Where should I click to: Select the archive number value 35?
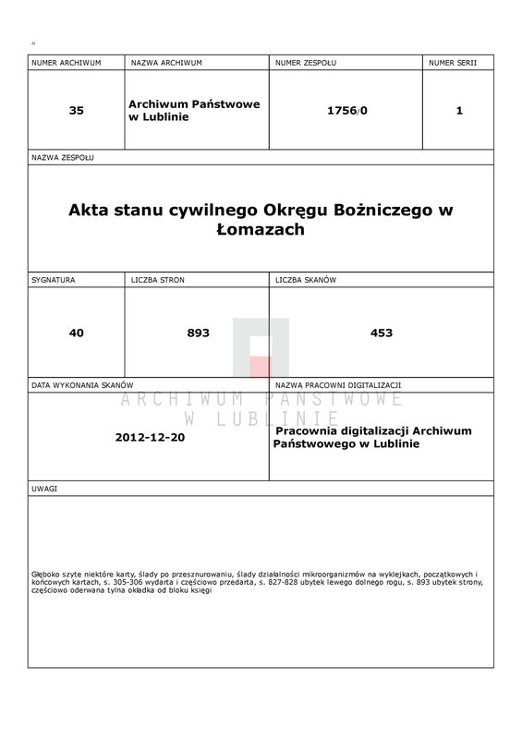(76, 110)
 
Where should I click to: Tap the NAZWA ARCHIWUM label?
(166, 62)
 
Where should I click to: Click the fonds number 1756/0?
(346, 110)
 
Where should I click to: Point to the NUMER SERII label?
(453, 62)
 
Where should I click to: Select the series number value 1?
(459, 110)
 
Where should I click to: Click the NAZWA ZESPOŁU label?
(62, 158)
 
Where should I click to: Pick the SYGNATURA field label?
(53, 279)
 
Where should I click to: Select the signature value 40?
(76, 333)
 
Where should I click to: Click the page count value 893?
(198, 333)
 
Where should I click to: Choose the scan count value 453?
(381, 333)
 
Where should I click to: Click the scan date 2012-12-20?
(151, 436)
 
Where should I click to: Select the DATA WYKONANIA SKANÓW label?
(83, 384)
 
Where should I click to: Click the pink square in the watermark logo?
(260, 366)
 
